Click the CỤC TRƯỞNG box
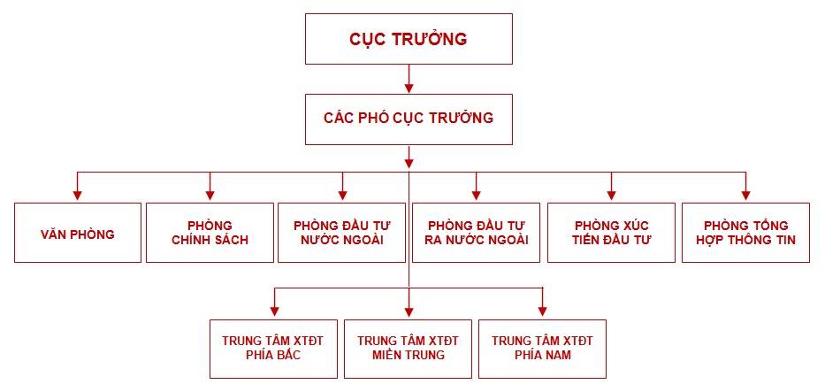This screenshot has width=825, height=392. (409, 39)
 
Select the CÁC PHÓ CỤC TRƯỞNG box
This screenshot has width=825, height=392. (409, 119)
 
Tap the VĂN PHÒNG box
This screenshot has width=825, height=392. (78, 233)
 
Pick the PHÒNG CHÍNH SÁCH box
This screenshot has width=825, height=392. (210, 233)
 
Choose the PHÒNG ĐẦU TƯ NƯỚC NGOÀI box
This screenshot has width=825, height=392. (342, 233)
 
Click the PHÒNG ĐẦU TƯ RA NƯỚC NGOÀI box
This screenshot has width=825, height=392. (476, 233)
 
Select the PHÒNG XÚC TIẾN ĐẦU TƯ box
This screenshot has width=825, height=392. (611, 233)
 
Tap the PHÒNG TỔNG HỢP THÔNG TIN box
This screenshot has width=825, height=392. (746, 233)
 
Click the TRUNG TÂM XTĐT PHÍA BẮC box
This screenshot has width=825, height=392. (273, 349)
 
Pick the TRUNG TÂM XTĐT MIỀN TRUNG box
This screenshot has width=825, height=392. (409, 349)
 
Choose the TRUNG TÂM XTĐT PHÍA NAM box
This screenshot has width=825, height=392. (542, 349)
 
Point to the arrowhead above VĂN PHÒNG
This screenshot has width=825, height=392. (77, 196)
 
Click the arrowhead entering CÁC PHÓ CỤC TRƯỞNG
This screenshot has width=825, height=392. (409, 88)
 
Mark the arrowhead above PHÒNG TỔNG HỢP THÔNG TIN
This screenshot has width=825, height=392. (745, 196)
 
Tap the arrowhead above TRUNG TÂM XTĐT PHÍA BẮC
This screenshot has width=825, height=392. (273, 311)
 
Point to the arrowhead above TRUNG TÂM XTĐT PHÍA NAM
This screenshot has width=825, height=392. (542, 311)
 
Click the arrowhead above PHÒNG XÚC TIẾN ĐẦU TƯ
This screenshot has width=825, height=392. (611, 196)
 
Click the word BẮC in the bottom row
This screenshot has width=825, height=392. (288, 355)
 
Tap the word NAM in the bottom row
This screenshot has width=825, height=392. (557, 355)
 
